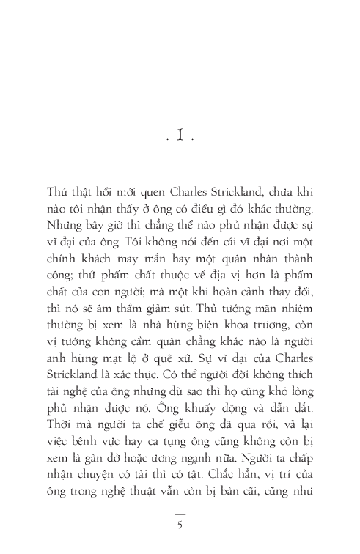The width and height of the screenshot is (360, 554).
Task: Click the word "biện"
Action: point(187,344)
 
